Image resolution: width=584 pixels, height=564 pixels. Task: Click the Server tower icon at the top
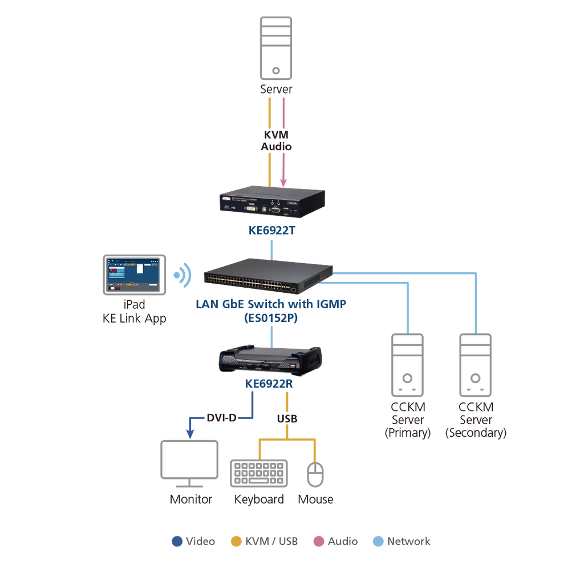(x=275, y=48)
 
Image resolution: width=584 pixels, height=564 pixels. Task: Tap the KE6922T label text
(x=272, y=231)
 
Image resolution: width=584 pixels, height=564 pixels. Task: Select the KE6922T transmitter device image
(x=272, y=202)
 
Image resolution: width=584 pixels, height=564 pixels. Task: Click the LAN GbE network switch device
(x=268, y=276)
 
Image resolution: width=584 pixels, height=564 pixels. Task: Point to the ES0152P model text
(x=271, y=318)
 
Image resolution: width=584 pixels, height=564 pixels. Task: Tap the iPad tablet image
(x=135, y=275)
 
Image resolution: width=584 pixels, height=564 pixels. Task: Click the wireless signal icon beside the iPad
(x=182, y=276)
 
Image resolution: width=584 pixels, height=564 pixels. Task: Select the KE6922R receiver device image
(x=270, y=359)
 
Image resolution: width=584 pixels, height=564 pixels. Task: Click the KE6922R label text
(x=269, y=384)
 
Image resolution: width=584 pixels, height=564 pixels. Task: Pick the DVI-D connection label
(x=222, y=418)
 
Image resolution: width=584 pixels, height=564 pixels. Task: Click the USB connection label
(x=287, y=419)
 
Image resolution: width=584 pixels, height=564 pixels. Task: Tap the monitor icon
(x=189, y=464)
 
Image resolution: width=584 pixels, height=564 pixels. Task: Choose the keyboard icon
(x=259, y=473)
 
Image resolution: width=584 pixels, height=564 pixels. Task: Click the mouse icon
(x=315, y=474)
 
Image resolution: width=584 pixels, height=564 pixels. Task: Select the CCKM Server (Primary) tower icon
(x=407, y=365)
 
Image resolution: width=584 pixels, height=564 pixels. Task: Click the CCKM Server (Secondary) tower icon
(x=476, y=365)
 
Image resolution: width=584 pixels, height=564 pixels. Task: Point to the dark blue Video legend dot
(x=177, y=541)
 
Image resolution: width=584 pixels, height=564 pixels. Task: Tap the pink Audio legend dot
(x=319, y=541)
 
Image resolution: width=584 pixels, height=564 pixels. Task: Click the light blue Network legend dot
(x=379, y=541)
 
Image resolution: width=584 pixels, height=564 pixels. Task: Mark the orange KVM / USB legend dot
(x=237, y=541)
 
